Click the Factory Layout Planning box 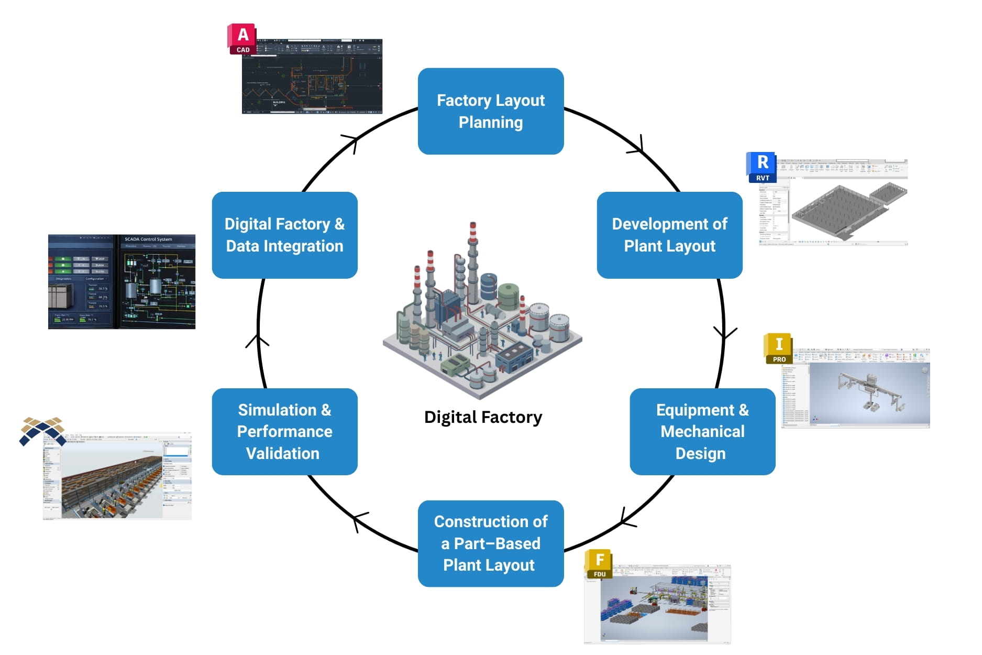coord(490,111)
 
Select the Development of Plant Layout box coord(669,235)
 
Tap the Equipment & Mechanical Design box coord(702,431)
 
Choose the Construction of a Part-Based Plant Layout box coord(490,543)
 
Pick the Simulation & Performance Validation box coord(284,431)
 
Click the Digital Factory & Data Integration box coord(284,235)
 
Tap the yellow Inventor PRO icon coord(778,348)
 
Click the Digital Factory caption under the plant coord(483,417)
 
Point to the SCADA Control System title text coord(148,239)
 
